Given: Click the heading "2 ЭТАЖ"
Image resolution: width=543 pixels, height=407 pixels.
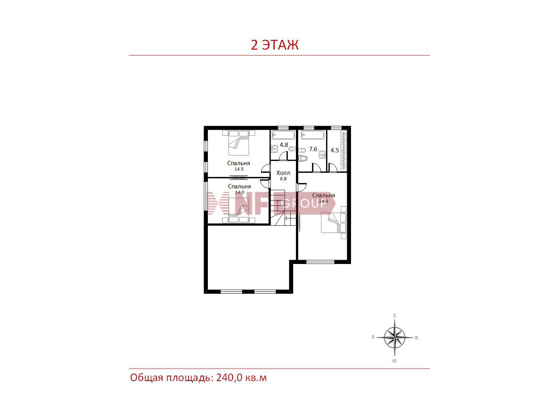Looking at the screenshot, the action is pos(275,45).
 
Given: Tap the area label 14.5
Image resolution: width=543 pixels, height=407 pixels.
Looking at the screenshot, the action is pos(239,169).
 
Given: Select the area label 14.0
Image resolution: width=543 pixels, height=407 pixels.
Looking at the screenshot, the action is pos(239,192).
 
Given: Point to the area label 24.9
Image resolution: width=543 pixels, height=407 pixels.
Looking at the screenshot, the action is pos(323,201).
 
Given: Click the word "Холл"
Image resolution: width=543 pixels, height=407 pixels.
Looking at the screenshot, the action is pos(283,173).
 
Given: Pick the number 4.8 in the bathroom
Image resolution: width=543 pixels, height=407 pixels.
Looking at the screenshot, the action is pos(284,145).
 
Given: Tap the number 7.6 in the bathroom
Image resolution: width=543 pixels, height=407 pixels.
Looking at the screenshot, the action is pos(313,149).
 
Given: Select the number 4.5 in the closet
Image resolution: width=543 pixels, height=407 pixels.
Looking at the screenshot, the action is pos(335,150).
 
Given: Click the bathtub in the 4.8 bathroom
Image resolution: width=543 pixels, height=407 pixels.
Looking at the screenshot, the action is pos(283,135).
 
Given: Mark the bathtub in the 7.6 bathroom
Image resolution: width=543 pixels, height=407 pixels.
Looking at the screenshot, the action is pos(313,135).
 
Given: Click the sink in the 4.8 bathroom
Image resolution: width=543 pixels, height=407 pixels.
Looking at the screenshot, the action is pos(274,149).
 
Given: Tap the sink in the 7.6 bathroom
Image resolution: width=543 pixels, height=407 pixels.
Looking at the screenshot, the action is pos(322,155).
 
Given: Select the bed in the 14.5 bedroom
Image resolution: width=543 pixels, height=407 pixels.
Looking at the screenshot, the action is pos(239,143).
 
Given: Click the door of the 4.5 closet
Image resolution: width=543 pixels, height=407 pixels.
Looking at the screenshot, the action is pos(333,168).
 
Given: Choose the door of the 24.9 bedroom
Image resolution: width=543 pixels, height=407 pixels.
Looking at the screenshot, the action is pos(302,187).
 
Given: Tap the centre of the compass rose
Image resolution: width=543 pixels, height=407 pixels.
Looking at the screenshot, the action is pos(394,337).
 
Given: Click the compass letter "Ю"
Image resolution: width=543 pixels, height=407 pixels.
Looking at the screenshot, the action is pos(394,361).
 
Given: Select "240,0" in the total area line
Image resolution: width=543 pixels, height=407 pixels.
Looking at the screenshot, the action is pos(229,378).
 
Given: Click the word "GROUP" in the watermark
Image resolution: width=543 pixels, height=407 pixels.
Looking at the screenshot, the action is pos(303,203).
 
